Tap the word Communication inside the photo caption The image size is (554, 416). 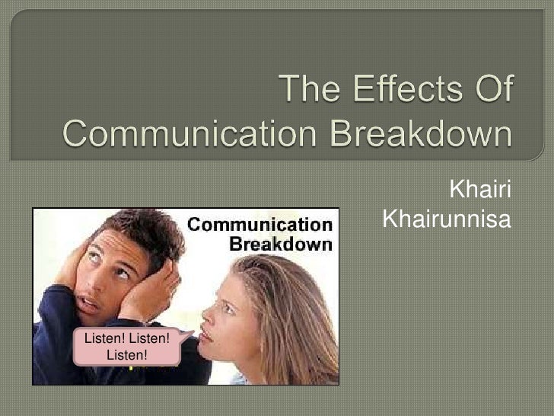tap(259, 225)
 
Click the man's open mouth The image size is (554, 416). tap(86, 302)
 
